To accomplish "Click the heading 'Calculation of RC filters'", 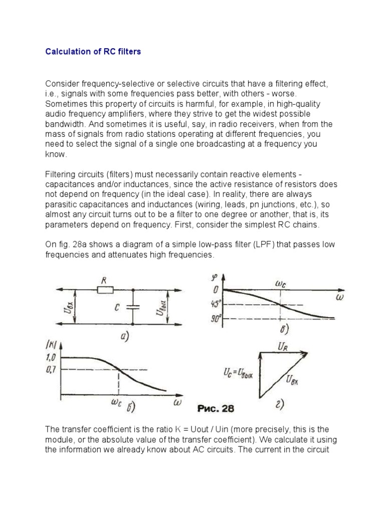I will point(93,52).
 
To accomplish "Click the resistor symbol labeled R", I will point(105,290).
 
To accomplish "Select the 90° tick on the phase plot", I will point(216,318).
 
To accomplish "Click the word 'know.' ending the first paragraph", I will point(55,154).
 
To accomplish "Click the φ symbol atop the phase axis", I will point(215,276).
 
